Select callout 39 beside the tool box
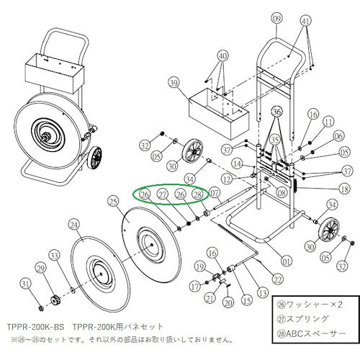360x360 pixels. tap(173, 84)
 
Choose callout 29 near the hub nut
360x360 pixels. tap(40, 268)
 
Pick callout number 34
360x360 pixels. tap(189, 179)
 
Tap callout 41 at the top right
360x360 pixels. tap(305, 22)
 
